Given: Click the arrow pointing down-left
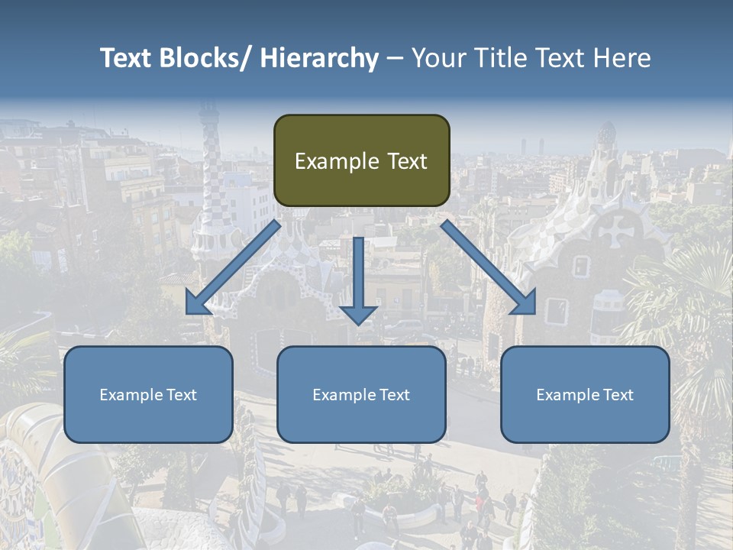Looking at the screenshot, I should (x=233, y=267).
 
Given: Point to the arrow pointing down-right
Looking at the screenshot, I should (x=489, y=267).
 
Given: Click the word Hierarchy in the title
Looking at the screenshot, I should (x=319, y=58).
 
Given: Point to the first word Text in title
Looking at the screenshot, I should (x=128, y=58).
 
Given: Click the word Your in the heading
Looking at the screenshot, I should (x=438, y=58).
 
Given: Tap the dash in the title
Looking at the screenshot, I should (x=394, y=58).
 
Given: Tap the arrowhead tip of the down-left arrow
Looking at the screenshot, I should (x=187, y=313).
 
